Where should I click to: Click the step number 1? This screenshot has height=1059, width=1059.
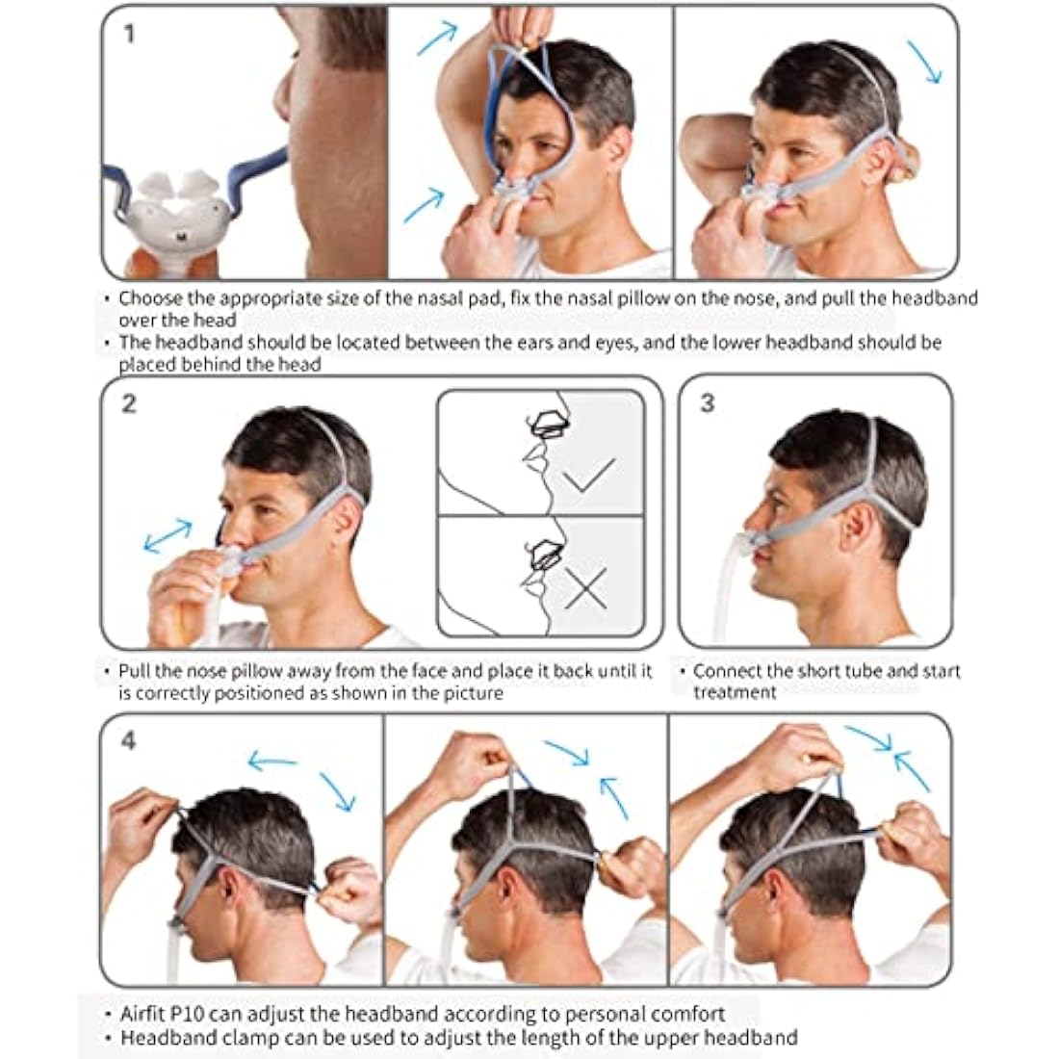point(129,35)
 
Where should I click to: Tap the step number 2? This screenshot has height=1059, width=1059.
point(129,402)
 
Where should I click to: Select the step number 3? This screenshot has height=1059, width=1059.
point(708,402)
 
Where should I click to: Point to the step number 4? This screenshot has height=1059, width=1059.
point(129,740)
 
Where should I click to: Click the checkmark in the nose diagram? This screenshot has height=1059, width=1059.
point(588,474)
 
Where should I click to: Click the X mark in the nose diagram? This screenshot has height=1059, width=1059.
point(584,587)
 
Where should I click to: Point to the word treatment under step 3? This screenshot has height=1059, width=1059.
point(735,692)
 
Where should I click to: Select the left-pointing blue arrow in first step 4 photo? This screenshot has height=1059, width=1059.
point(271,762)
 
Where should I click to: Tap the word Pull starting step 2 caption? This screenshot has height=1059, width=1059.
point(135,671)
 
